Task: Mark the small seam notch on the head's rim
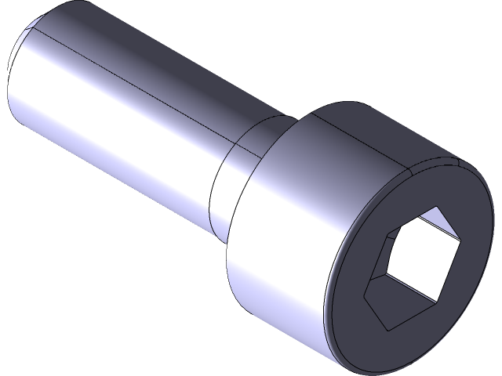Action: (x=456, y=165)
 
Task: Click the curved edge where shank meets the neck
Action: (x=216, y=188)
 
